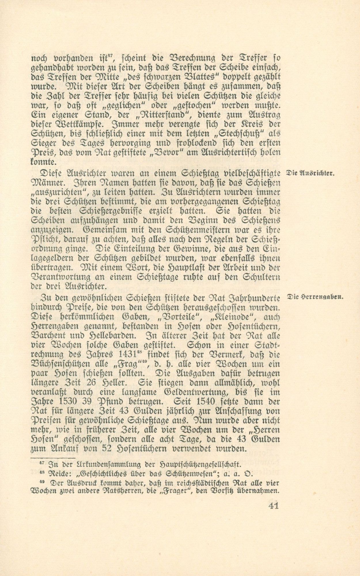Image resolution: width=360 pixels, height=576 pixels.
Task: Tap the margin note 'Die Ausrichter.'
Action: click(x=309, y=173)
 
